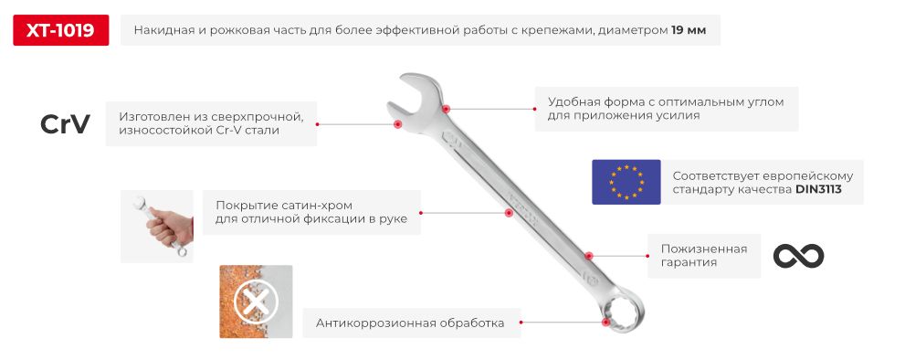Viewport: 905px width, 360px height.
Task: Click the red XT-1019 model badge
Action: [x=60, y=31]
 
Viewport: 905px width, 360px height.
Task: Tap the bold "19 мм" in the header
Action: [x=688, y=31]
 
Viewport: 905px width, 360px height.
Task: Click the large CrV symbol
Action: [x=65, y=125]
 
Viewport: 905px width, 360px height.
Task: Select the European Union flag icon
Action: [x=626, y=182]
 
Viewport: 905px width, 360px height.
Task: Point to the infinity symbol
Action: [x=798, y=256]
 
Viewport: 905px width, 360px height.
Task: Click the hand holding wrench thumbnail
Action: [x=157, y=226]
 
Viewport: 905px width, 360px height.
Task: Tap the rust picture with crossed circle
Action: [x=256, y=301]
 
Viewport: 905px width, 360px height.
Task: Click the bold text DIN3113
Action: [x=817, y=190]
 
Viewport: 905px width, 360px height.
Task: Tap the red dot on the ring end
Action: [x=605, y=322]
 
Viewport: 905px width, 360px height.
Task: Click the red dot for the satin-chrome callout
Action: [x=509, y=213]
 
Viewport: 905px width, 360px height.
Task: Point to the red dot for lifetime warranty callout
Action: [x=589, y=257]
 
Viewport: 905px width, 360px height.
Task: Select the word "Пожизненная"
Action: [x=698, y=249]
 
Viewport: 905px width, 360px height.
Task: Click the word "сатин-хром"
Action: [x=321, y=204]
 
